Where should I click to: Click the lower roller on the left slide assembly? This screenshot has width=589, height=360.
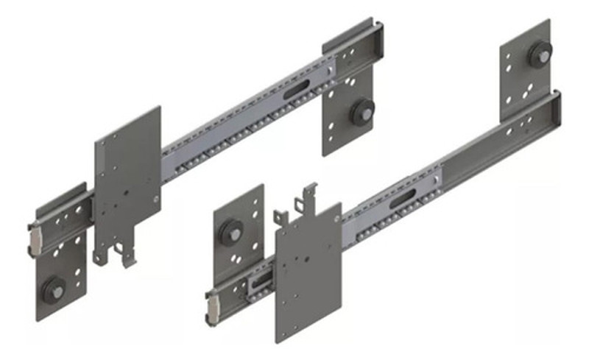coord(54,290)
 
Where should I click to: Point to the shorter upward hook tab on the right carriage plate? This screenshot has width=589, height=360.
coord(280,217)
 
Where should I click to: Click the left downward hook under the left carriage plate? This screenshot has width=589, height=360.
coord(101,254)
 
